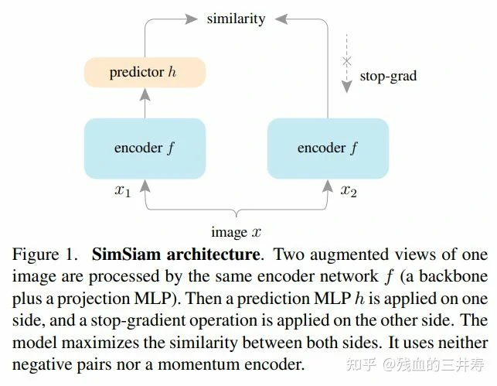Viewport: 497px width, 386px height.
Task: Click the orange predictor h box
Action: (x=144, y=73)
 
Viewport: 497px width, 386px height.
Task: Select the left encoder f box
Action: (x=145, y=148)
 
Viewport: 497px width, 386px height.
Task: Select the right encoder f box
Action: (x=328, y=148)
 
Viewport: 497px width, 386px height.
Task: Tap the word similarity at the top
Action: (x=236, y=18)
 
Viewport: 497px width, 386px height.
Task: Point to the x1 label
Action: (x=123, y=191)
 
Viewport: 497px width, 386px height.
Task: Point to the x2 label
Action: (x=349, y=191)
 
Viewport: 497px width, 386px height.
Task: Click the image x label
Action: (x=236, y=232)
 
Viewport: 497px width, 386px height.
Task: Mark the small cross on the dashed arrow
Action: (x=347, y=60)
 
